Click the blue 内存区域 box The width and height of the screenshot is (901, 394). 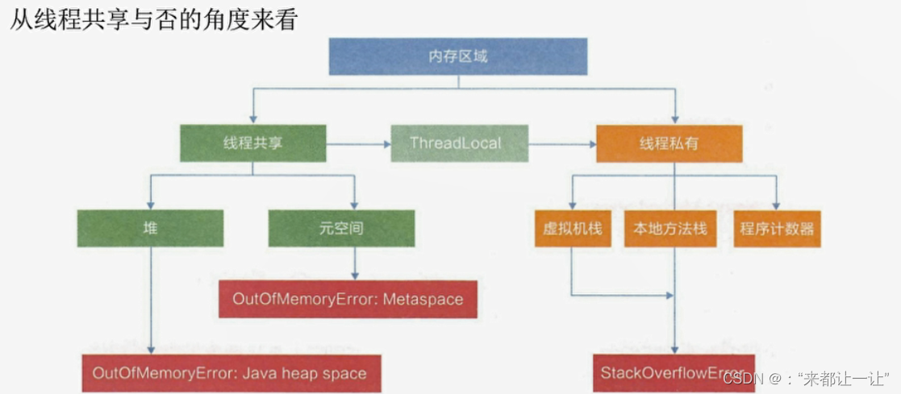(458, 56)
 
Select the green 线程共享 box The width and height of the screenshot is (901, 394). (252, 143)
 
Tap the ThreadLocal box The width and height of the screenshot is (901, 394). (455, 143)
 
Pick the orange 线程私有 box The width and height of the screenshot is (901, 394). (669, 143)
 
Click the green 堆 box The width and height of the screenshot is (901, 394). (150, 228)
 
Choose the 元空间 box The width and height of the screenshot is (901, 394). (341, 228)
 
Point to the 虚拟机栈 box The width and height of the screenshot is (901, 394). (572, 228)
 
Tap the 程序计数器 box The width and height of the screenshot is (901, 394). (776, 228)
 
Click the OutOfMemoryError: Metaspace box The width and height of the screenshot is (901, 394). (348, 299)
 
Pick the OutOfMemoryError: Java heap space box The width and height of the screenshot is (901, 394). (230, 373)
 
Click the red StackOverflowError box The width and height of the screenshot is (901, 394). (674, 372)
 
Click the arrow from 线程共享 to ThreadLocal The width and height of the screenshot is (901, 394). (358, 144)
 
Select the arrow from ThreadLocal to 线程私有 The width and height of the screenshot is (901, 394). (562, 144)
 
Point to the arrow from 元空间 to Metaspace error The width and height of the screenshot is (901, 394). (354, 263)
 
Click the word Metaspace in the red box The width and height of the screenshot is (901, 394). (423, 299)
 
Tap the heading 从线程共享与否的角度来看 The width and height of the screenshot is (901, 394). (153, 19)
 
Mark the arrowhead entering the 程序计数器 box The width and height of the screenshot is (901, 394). (776, 204)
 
